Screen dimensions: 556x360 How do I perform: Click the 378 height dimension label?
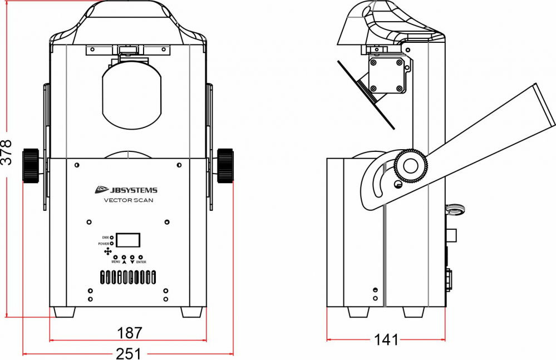coord(6,152)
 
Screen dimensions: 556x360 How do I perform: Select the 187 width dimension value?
coord(130,333)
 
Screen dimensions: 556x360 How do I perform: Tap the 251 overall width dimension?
coord(129,354)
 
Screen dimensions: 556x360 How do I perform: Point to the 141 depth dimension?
coord(386,340)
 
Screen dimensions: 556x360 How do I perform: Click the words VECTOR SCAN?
coord(129,200)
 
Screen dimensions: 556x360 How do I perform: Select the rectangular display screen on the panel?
coord(128,240)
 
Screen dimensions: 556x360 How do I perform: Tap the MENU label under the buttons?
coord(116,262)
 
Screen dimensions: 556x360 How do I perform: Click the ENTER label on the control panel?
coord(141,262)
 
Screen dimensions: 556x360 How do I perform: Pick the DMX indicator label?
coord(105,238)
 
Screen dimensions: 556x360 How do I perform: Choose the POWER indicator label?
coord(104,244)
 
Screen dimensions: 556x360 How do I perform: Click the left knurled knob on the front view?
coord(31,165)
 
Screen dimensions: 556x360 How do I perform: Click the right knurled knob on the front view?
coord(225,165)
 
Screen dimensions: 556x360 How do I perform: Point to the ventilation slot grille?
coord(128,277)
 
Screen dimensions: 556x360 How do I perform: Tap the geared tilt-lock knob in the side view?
coord(411,166)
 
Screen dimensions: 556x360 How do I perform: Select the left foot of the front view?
coord(64,312)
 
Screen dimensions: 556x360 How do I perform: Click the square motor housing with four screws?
coord(386,76)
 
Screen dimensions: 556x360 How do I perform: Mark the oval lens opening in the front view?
coord(131,95)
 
